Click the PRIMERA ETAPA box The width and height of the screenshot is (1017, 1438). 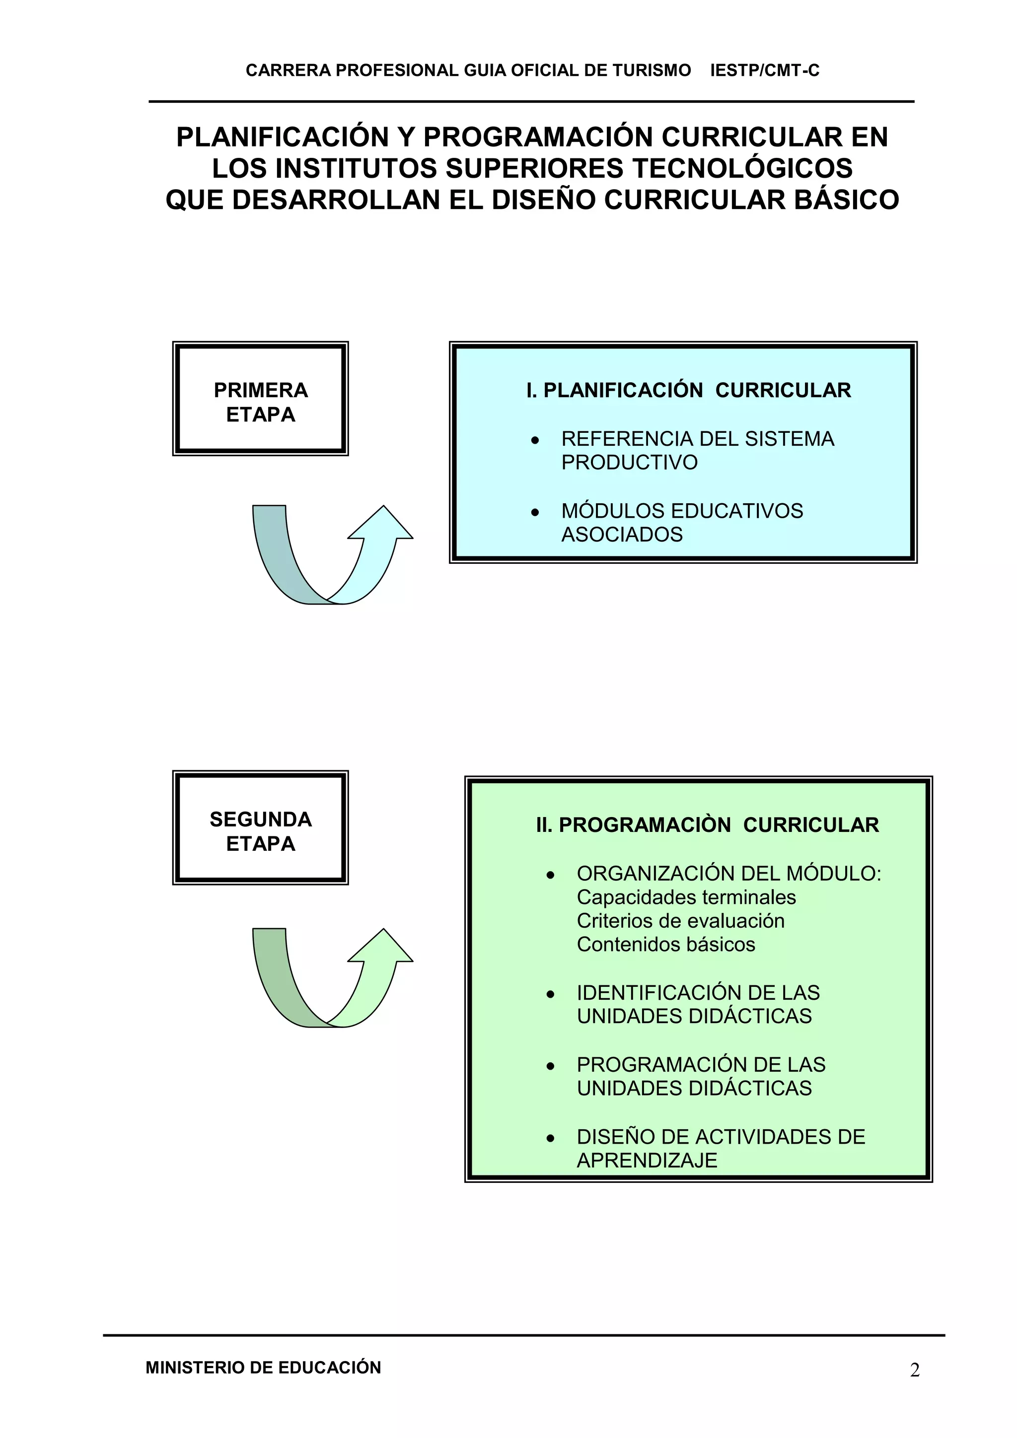pos(260,399)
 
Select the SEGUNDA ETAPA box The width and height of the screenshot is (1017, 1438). pos(260,828)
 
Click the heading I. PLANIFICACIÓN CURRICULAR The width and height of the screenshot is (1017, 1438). pos(688,390)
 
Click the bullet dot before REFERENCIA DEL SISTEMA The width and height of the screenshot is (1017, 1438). pos(534,441)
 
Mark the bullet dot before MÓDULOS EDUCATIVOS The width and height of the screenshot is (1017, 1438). pos(534,513)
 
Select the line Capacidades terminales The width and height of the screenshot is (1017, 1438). pos(686,897)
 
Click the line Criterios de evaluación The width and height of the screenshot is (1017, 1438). pos(680,921)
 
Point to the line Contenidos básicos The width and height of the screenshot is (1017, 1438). pos(666,945)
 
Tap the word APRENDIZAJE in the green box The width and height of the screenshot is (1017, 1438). pos(647,1161)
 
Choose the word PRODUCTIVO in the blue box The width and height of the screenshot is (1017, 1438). pos(629,463)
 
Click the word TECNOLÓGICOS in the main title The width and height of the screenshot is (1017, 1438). pos(742,168)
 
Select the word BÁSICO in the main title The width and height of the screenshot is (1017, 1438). pos(846,201)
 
